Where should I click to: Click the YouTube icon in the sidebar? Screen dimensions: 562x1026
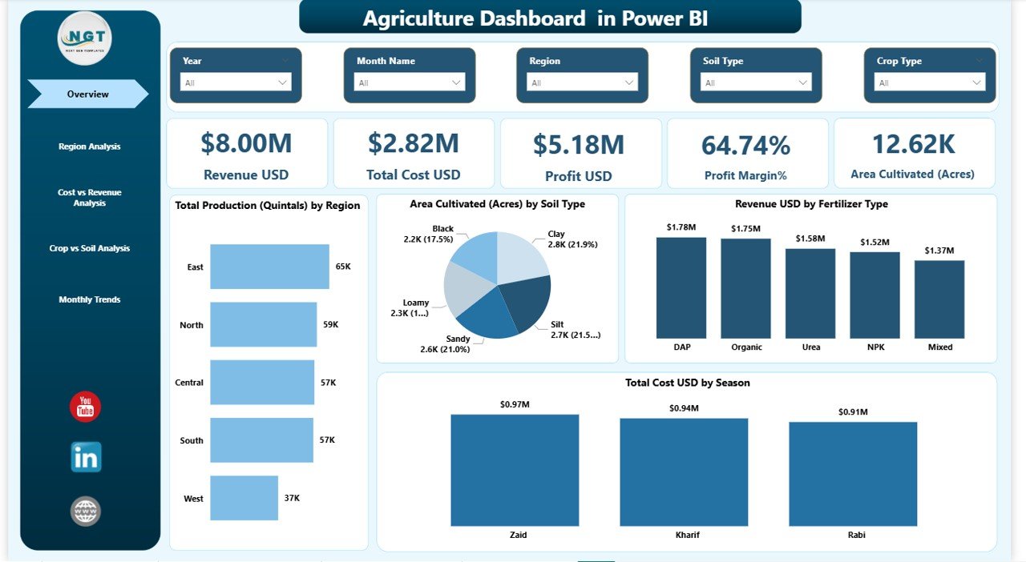[85, 407]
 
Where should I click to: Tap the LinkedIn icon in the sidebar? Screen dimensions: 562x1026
[86, 458]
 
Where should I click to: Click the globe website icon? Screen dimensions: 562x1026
[86, 511]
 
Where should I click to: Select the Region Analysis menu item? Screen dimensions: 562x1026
[89, 147]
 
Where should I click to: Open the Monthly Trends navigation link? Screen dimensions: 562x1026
[89, 299]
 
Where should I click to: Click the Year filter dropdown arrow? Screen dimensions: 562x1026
[282, 82]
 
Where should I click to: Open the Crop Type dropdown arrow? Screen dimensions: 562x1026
[976, 82]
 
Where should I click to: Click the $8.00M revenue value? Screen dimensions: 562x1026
[246, 143]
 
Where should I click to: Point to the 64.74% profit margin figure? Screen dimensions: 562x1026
[745, 145]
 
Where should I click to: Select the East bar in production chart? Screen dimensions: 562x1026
[269, 267]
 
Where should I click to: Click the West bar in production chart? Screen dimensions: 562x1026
[244, 498]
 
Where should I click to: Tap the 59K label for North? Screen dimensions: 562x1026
[330, 325]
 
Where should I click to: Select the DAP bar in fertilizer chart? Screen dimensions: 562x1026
[681, 288]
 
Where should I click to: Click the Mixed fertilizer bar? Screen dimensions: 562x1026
[939, 299]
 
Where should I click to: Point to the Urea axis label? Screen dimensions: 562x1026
[810, 347]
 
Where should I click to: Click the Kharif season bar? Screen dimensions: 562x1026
[683, 472]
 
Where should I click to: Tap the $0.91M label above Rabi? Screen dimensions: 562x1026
[852, 411]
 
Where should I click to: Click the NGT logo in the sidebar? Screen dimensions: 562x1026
[85, 38]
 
